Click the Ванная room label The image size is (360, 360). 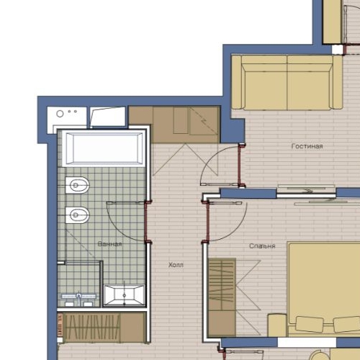coord(109,244)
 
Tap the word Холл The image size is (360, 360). coord(176,265)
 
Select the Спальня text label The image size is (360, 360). coord(262,246)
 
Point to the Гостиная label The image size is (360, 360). coord(307,146)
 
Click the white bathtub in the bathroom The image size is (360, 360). coord(104,150)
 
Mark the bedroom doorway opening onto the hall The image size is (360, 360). coord(206,220)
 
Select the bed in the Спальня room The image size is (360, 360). coord(323,288)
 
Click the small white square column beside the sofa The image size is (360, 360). coord(338,50)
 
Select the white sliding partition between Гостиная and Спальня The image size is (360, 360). coord(306,191)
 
